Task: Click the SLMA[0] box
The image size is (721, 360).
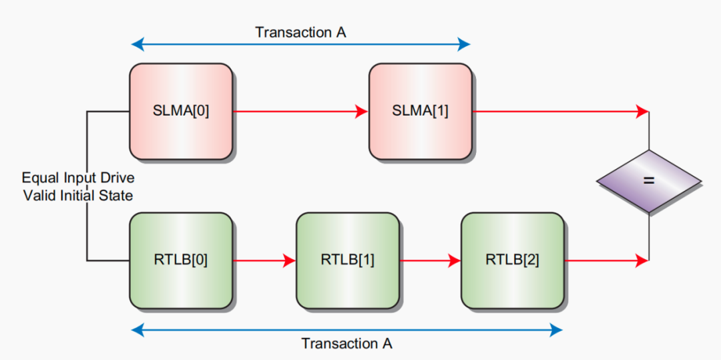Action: [181, 112]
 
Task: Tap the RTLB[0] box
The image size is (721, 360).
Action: [181, 260]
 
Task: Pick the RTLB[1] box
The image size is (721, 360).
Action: [347, 260]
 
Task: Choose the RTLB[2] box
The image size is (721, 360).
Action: [512, 260]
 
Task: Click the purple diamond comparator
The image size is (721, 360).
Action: [648, 181]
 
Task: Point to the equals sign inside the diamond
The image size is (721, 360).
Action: [648, 181]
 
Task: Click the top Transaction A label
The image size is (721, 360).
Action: [300, 32]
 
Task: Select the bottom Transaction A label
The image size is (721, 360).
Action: [346, 344]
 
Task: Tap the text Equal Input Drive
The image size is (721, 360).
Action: [77, 178]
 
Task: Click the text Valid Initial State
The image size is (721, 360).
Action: [77, 195]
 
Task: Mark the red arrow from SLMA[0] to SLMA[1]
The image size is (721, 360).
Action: [300, 112]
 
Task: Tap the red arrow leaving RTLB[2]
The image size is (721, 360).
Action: [606, 260]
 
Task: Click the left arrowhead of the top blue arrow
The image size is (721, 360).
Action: [136, 45]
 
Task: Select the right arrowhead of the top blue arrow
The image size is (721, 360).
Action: [465, 45]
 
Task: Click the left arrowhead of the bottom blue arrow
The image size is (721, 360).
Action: [138, 329]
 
